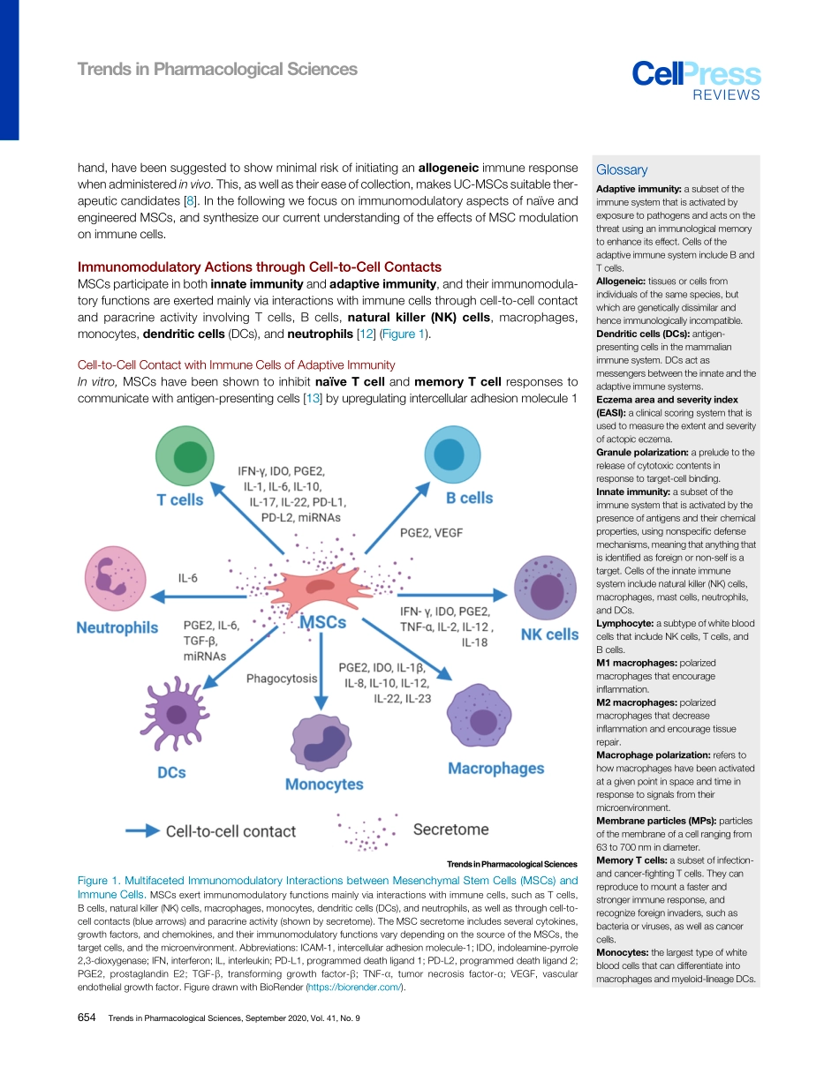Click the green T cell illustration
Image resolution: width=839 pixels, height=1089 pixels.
point(185,455)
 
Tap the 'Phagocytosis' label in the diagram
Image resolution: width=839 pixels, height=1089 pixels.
point(282,679)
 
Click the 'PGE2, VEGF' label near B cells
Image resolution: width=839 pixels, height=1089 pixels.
point(431,533)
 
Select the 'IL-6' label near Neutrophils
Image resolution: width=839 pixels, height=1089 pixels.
point(188,578)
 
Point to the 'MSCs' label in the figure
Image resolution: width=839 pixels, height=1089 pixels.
point(323,622)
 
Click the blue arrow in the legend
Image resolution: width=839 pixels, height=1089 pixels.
point(141,830)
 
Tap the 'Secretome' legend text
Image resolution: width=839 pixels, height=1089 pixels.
point(450,830)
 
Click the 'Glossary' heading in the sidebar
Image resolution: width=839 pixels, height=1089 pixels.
point(622,169)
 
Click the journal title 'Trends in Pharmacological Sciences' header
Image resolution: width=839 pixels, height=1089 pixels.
point(217,69)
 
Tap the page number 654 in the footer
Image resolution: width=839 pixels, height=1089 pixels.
point(87,1018)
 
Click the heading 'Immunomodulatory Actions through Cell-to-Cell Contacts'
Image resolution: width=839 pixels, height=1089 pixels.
point(260,267)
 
